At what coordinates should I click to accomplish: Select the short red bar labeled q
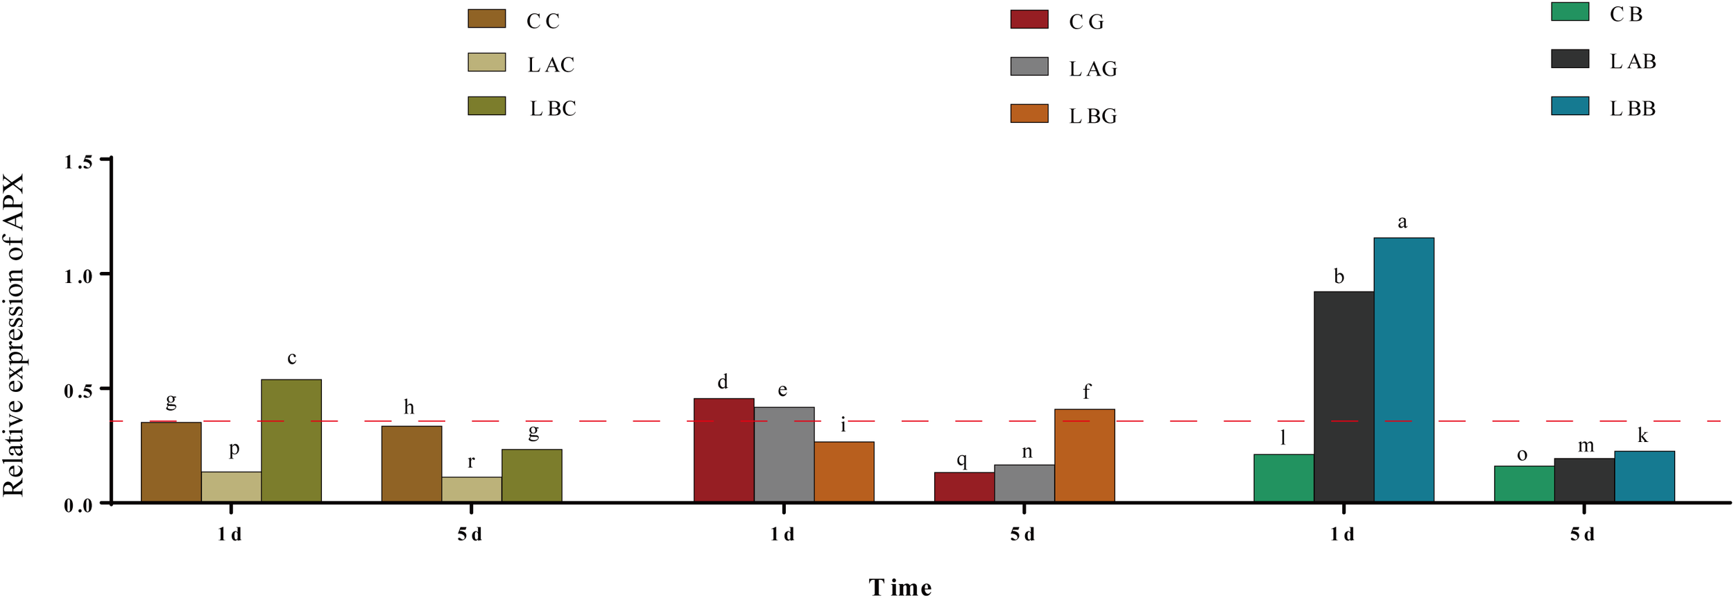click(x=964, y=487)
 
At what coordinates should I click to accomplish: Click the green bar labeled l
click(x=1283, y=478)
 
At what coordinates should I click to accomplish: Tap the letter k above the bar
click(x=1642, y=436)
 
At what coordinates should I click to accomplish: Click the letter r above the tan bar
click(x=471, y=461)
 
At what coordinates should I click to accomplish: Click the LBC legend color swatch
click(x=486, y=106)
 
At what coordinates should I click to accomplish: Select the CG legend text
click(x=1086, y=22)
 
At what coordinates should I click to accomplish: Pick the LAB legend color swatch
click(x=1570, y=59)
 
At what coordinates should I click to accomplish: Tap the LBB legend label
click(x=1632, y=109)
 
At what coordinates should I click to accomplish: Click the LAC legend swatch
click(x=486, y=62)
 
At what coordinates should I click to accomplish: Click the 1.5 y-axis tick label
click(x=78, y=162)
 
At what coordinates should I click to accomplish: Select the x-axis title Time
click(x=900, y=587)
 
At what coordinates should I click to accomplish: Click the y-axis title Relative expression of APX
click(x=14, y=334)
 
